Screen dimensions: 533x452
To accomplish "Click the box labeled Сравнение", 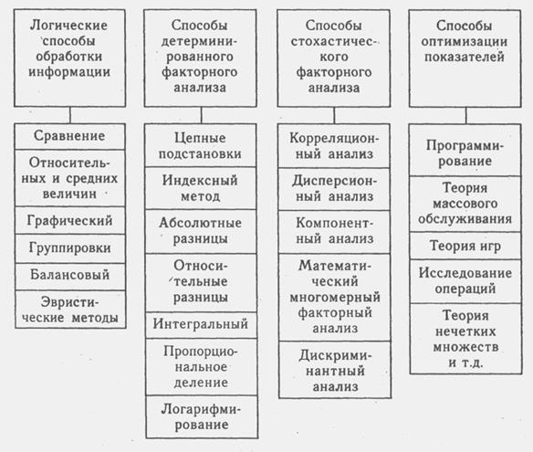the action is tap(70, 136).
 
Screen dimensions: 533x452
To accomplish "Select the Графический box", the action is tap(70, 220).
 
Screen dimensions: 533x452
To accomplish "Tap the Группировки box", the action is tap(70, 248).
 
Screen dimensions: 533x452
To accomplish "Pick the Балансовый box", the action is tap(70, 276).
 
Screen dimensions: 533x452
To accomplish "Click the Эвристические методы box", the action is tap(70, 310).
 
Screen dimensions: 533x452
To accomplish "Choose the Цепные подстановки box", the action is tap(201, 145).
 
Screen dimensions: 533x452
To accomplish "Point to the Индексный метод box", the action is tap(201, 188).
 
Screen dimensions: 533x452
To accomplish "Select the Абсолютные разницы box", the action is tap(201, 231).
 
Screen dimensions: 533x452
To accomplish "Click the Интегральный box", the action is tap(201, 325).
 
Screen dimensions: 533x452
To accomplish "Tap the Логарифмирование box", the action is tap(202, 416).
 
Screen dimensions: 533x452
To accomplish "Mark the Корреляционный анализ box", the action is tap(334, 146).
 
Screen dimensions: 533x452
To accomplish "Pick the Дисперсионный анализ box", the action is tap(334, 189).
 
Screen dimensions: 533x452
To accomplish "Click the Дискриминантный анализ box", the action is tap(335, 370).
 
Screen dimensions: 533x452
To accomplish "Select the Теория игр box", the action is tap(465, 246).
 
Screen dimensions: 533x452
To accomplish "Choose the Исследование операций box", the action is tap(465, 281).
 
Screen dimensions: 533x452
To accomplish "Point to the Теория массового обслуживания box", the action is tap(465, 204).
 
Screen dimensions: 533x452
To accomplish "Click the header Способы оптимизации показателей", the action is tap(465, 58).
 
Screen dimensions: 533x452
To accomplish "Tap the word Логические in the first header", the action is tap(69, 26).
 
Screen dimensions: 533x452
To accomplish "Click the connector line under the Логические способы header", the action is tap(70, 115).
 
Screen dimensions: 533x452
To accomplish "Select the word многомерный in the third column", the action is tap(335, 298).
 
